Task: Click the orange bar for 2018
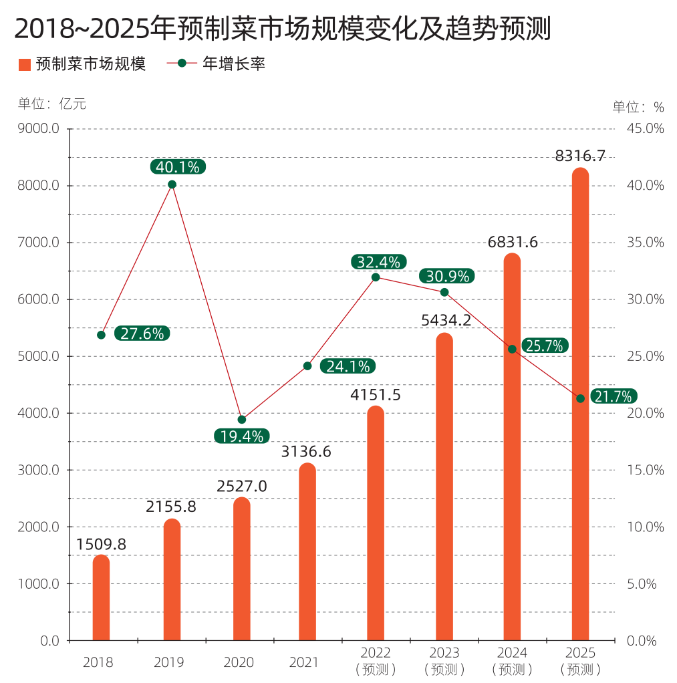101,598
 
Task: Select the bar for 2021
307,552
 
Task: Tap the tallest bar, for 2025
580,404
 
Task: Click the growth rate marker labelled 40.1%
172,184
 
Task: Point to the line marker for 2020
242,420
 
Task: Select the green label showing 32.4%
378,262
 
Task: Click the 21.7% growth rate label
613,397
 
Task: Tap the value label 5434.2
446,321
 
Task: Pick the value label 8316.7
580,156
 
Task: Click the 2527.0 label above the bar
242,486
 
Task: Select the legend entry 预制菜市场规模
82,64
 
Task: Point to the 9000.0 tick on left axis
39,129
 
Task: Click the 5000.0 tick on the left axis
39,356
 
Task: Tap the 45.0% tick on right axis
646,129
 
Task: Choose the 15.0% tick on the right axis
646,470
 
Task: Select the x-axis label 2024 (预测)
512,660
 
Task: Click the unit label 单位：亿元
51,104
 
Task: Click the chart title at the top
283,29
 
